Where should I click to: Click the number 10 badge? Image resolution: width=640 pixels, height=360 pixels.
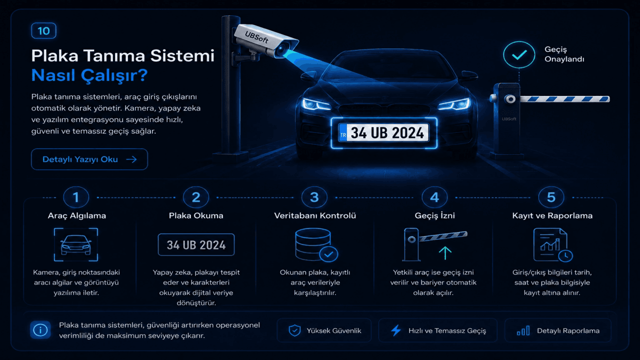point(43,30)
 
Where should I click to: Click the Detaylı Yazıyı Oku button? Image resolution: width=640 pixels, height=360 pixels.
point(89,159)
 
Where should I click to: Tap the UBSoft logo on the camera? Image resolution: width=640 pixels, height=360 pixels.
point(256,37)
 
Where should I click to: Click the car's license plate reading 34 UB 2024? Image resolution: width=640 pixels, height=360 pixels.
point(383,133)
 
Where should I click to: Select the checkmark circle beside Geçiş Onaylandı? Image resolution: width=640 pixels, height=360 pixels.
point(519,54)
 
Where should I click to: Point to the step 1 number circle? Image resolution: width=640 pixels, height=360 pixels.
point(76,197)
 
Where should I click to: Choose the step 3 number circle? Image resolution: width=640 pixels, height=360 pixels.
point(314,197)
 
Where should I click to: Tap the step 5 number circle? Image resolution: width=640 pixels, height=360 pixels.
point(551,197)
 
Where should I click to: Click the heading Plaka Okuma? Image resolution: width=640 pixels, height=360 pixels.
point(196,215)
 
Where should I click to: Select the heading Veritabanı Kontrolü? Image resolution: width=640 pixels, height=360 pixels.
point(315,215)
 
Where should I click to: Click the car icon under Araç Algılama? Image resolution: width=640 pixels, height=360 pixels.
point(75,244)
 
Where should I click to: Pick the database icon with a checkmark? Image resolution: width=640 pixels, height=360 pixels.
point(316,245)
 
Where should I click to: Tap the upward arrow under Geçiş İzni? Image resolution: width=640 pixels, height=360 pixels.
point(445,253)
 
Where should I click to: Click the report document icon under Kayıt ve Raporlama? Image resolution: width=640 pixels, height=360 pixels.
point(553,245)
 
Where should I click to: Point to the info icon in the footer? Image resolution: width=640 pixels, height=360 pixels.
point(40,330)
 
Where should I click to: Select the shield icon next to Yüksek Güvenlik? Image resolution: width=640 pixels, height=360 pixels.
point(294,330)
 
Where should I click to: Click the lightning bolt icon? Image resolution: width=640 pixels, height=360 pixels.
point(396,330)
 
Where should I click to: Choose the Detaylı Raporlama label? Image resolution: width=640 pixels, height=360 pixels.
point(568,330)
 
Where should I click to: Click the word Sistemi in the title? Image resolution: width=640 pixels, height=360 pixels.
point(182,55)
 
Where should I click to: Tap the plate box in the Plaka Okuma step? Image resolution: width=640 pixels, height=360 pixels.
point(196,244)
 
